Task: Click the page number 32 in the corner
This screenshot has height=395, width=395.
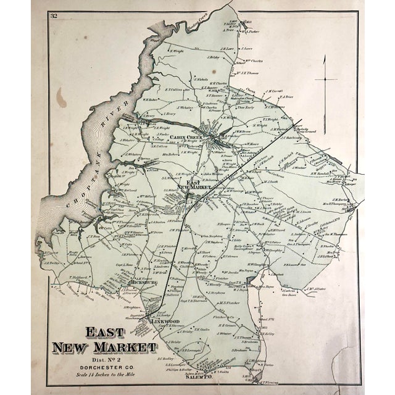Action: (54, 15)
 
